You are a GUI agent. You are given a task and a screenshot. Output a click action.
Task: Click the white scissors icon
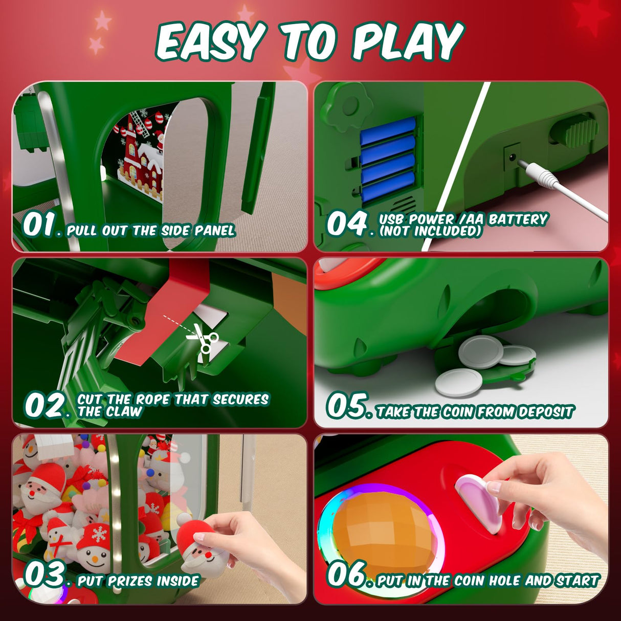coord(203,338)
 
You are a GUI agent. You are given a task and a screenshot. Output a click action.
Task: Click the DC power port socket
coord(512,157)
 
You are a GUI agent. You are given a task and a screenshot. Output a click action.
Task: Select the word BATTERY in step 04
coord(518,220)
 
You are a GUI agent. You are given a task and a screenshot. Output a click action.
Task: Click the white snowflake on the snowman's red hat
coord(99,534)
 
